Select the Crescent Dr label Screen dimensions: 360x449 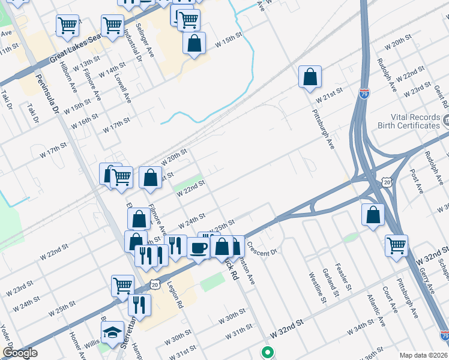tap(260, 248)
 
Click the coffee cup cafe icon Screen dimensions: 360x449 tap(199, 247)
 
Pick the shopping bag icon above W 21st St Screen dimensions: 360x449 tap(310, 77)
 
